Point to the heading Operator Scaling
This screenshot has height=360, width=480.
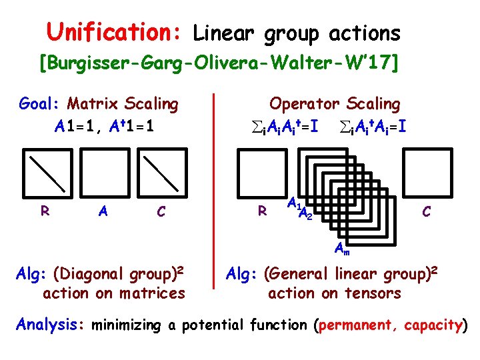tap(334, 104)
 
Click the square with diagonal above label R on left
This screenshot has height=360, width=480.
tap(46, 173)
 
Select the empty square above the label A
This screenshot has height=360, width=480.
tap(103, 173)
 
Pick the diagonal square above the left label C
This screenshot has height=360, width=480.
tap(160, 173)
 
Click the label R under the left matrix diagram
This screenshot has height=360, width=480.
tap(45, 211)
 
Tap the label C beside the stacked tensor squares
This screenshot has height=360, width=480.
tap(426, 211)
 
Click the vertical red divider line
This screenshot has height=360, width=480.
tap(213, 190)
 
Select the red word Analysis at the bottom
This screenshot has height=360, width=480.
tap(47, 325)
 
